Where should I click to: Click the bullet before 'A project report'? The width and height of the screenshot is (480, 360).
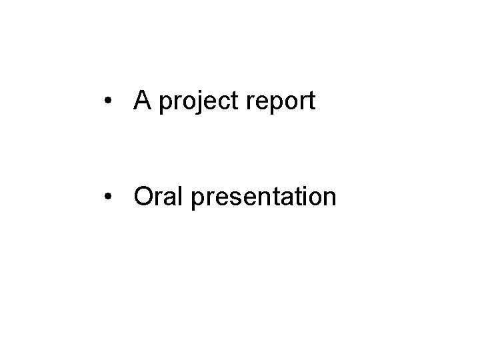click(x=107, y=102)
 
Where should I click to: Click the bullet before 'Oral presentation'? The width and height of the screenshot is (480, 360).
click(x=107, y=197)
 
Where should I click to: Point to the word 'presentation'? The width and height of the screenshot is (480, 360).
click(x=263, y=197)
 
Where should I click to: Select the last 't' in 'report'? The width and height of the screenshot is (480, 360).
click(x=311, y=102)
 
